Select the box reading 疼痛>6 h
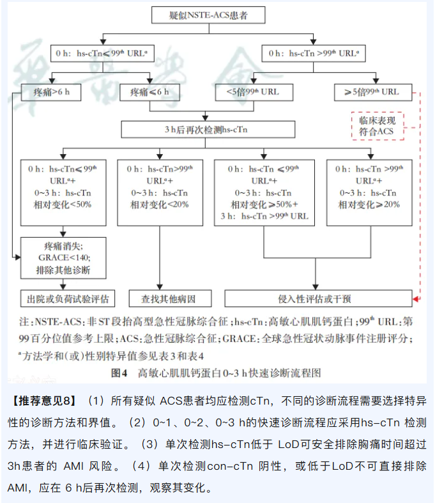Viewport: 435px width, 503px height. pos(51,92)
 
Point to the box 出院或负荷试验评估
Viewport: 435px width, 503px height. pos(63,298)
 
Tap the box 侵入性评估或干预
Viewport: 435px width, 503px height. pos(314,298)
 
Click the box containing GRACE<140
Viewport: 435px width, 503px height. pos(63,258)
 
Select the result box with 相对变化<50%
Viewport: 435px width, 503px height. pos(63,192)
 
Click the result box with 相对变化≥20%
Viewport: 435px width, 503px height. pos(369,192)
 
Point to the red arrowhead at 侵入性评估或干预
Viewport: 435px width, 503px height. pos(415,298)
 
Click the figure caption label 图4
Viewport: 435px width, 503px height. pos(120,371)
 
